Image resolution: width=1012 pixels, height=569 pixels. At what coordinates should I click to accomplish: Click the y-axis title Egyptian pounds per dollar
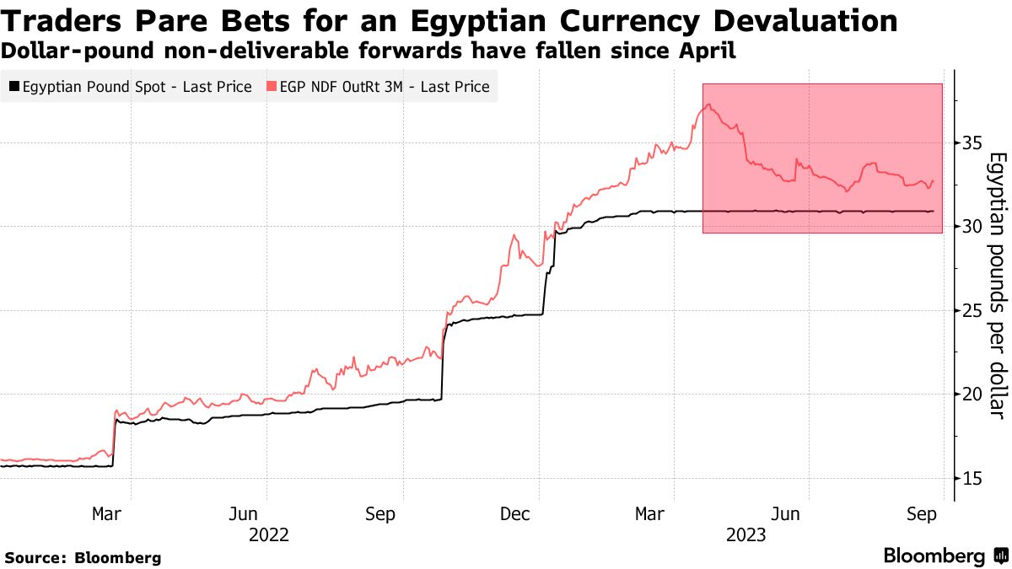[x=997, y=285]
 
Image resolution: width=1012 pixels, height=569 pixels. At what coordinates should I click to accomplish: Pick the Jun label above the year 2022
[x=243, y=513]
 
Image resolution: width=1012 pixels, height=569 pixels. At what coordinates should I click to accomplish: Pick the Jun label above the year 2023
[x=786, y=513]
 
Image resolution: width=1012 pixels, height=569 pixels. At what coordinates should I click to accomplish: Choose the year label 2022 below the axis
[x=269, y=535]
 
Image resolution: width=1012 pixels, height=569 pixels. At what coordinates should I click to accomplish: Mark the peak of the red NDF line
[x=708, y=105]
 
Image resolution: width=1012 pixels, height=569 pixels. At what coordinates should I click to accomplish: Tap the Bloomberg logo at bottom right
[x=945, y=556]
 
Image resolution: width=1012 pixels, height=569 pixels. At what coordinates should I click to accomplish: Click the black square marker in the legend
[x=14, y=87]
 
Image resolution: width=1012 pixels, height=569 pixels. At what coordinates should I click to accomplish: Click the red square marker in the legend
[x=271, y=87]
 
